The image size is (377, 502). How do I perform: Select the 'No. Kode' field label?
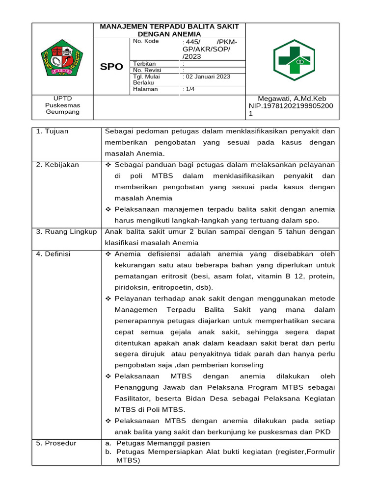(x=145, y=42)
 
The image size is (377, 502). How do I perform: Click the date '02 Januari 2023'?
(x=207, y=76)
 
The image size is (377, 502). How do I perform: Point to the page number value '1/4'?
(x=189, y=89)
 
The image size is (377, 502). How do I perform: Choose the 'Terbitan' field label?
(x=144, y=64)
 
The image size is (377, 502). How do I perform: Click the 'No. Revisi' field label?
(x=147, y=70)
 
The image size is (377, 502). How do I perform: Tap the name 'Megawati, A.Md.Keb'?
(x=292, y=99)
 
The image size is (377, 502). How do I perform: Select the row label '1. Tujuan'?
(x=53, y=131)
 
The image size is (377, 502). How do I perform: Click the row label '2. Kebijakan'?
(x=57, y=165)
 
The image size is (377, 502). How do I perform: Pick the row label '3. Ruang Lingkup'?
(x=66, y=231)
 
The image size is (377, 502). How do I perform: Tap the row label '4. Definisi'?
(x=54, y=254)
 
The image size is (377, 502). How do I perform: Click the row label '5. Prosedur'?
(x=56, y=443)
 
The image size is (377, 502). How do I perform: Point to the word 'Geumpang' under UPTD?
(x=62, y=112)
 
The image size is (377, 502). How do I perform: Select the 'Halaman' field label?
(x=145, y=89)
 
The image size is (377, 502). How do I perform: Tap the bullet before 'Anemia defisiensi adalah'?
(x=109, y=254)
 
